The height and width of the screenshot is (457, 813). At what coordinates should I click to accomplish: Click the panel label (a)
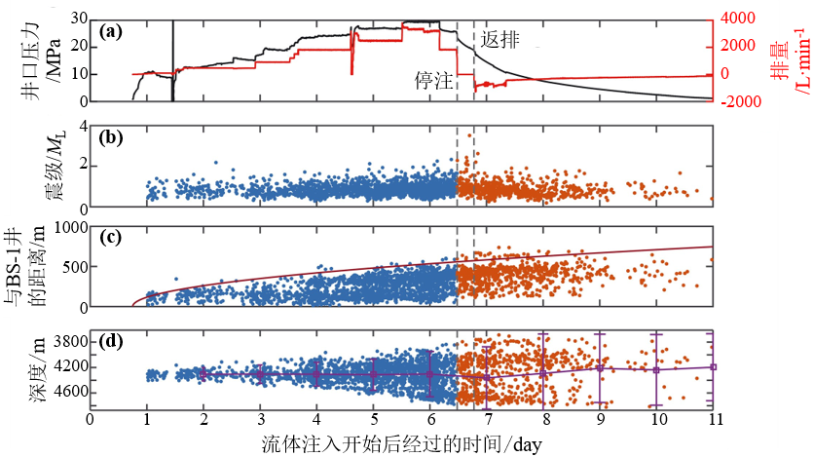click(x=110, y=31)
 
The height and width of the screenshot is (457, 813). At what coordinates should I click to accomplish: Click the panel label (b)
click(x=110, y=137)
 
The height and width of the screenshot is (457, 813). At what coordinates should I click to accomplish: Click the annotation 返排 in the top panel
click(x=500, y=39)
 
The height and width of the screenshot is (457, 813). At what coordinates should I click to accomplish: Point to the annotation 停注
click(x=433, y=80)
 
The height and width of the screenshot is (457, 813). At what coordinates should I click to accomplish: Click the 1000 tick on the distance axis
click(x=68, y=227)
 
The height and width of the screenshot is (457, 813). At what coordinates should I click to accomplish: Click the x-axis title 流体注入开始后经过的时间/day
click(x=401, y=443)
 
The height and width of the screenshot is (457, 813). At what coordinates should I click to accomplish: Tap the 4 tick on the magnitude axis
click(x=83, y=125)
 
